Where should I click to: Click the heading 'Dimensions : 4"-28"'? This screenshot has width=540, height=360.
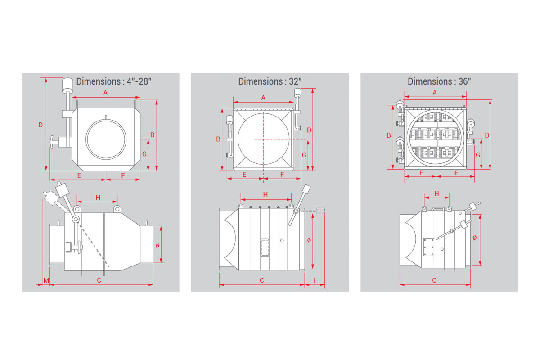click(x=113, y=81)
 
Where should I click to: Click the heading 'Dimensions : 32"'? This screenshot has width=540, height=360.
click(x=270, y=81)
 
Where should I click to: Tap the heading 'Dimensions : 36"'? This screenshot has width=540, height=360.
click(x=439, y=81)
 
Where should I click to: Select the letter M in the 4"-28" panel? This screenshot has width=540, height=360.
click(x=46, y=280)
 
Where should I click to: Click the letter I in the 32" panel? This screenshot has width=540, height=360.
click(x=315, y=280)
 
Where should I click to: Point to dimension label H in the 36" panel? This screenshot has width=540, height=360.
click(x=436, y=193)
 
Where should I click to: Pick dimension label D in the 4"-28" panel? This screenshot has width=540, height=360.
click(x=40, y=125)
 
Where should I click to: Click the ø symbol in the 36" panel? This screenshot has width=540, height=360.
click(x=474, y=238)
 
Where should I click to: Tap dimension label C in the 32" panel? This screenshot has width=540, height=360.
click(x=261, y=280)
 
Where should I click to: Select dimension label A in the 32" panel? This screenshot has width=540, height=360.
click(x=263, y=98)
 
